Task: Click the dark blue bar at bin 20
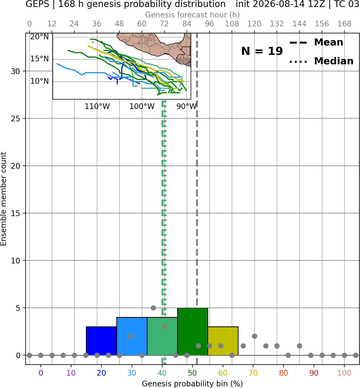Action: (101, 341)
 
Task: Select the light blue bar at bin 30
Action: (132, 336)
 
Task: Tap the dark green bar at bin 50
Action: (193, 331)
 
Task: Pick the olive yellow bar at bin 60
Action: (223, 341)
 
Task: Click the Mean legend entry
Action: (316, 43)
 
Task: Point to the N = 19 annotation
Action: (262, 51)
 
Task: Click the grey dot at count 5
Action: (153, 308)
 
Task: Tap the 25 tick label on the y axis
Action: (16, 119)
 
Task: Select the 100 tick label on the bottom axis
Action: (344, 373)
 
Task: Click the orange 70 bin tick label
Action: (253, 373)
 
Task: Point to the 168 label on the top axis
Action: (344, 24)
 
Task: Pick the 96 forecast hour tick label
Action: (209, 24)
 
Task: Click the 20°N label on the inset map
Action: (39, 37)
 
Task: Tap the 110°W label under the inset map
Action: (97, 107)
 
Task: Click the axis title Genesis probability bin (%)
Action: (193, 384)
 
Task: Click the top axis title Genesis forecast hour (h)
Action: (193, 15)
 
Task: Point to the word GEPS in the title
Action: (37, 4)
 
